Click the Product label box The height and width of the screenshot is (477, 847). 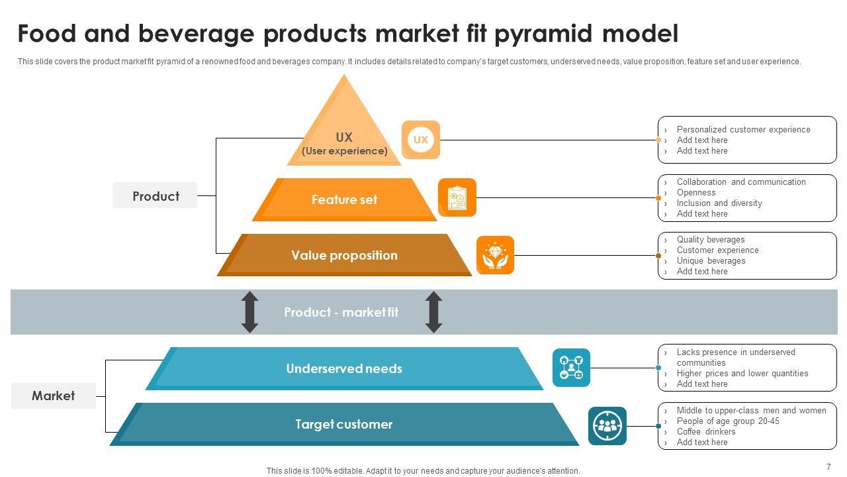(155, 195)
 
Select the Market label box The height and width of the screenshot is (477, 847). (54, 396)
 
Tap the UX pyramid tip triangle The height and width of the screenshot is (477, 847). (344, 126)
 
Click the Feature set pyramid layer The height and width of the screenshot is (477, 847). (344, 199)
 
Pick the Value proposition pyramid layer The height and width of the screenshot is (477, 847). (344, 255)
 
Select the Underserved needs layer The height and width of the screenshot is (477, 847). (344, 368)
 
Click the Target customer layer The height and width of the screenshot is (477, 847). (344, 424)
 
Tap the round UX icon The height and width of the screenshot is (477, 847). (421, 140)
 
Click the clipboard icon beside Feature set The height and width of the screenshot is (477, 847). (457, 197)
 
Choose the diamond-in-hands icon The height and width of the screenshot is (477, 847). (495, 255)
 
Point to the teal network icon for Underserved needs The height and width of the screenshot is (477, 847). (571, 368)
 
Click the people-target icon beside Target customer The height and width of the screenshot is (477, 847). (607, 425)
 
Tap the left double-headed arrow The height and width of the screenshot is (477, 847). (249, 312)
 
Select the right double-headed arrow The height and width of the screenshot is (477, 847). (433, 312)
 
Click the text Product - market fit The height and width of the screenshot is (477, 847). (341, 312)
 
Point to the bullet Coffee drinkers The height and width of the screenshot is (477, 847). (705, 431)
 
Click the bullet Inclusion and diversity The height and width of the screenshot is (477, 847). (719, 203)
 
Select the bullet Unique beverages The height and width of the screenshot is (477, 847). (711, 260)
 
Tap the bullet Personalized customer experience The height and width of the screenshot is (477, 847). (743, 129)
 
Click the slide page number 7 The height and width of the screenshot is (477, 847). (828, 466)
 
